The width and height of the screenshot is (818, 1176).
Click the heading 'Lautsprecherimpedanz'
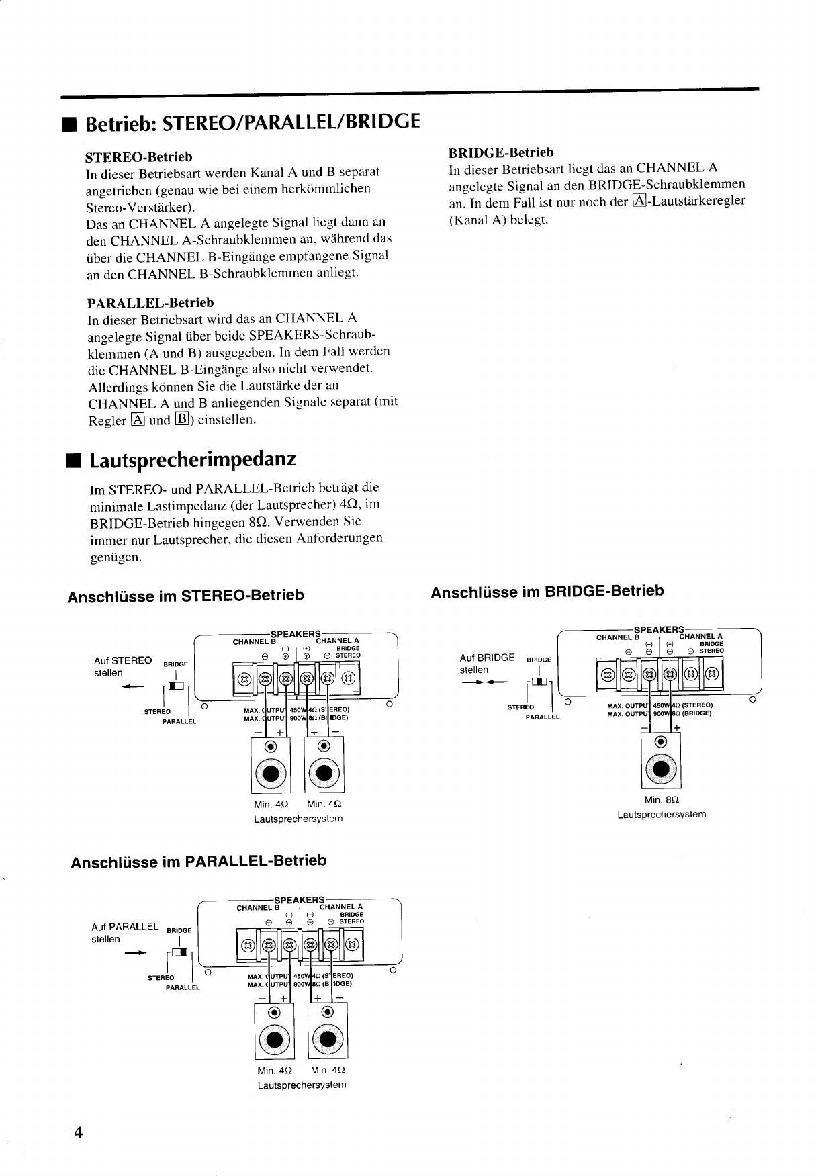[192, 461]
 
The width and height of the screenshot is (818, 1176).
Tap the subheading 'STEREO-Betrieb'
[139, 157]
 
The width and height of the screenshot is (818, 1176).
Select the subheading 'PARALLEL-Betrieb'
[150, 302]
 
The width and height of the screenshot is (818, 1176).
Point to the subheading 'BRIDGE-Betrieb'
[501, 152]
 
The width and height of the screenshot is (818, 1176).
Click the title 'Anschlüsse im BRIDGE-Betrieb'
[547, 592]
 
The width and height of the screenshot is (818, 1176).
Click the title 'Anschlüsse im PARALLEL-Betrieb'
[199, 862]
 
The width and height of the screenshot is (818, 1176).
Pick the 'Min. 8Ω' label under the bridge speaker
[662, 800]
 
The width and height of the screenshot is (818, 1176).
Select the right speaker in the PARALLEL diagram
[328, 1032]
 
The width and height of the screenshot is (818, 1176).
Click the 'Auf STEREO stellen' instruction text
[123, 666]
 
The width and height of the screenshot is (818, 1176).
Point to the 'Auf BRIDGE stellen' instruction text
[487, 664]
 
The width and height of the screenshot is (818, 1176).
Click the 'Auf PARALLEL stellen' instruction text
[125, 933]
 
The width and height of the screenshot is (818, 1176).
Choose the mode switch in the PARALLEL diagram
[179, 952]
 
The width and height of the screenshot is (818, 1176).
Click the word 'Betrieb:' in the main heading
[121, 124]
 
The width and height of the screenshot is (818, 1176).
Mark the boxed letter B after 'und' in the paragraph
[180, 420]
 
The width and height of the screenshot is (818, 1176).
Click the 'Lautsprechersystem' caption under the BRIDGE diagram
[662, 815]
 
